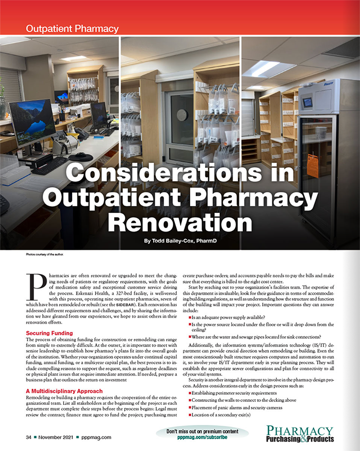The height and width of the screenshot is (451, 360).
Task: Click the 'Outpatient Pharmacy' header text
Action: click(72, 28)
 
